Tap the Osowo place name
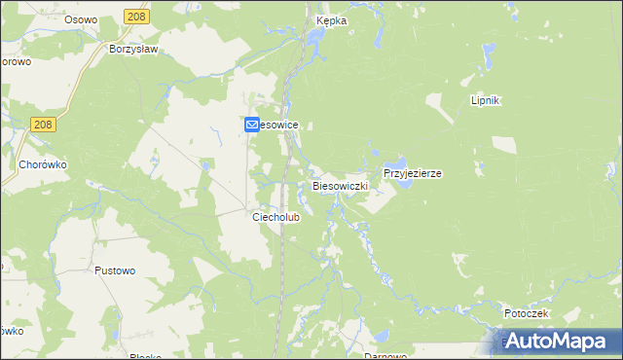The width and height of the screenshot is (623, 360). tap(82, 19)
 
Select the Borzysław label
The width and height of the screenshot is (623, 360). tap(134, 48)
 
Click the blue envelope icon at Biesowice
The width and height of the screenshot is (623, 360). tap(251, 125)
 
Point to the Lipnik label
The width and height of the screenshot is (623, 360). tap(485, 100)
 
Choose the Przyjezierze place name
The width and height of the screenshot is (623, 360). tap(413, 173)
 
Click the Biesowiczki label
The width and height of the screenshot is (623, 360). tap(340, 184)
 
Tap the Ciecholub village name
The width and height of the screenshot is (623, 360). tap(276, 217)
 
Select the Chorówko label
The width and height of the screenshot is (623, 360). tap(43, 164)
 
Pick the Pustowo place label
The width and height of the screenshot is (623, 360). tap(115, 271)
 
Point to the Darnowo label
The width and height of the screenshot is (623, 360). tap(385, 356)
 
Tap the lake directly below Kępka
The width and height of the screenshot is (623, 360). tap(316, 38)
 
